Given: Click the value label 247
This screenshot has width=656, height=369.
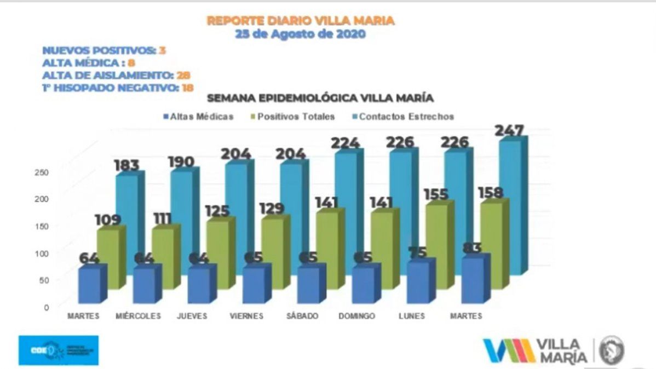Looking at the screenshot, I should [509, 131].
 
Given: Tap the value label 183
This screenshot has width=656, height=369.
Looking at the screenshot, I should [126, 164].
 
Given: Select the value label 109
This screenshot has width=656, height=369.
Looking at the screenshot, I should [108, 220].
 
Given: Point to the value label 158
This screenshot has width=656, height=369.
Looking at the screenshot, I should [491, 193].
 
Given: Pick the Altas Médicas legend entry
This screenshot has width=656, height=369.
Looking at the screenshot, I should [198, 117].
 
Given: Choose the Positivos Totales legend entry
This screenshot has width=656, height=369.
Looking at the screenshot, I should [290, 117].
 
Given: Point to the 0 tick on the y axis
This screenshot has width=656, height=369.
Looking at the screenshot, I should [47, 307].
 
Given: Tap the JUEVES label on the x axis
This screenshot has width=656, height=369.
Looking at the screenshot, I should [192, 316].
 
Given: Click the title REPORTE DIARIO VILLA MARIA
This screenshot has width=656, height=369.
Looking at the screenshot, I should [300, 21].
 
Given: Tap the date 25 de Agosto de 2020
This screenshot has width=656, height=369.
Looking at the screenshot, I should [300, 34].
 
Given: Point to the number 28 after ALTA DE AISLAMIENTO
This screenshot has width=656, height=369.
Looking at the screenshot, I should [183, 76].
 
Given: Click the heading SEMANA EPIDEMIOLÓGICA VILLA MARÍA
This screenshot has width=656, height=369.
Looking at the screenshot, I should [320, 99].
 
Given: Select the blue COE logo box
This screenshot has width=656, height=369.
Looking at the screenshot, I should [58, 350].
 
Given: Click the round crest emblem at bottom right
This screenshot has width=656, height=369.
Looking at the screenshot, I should [611, 350].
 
